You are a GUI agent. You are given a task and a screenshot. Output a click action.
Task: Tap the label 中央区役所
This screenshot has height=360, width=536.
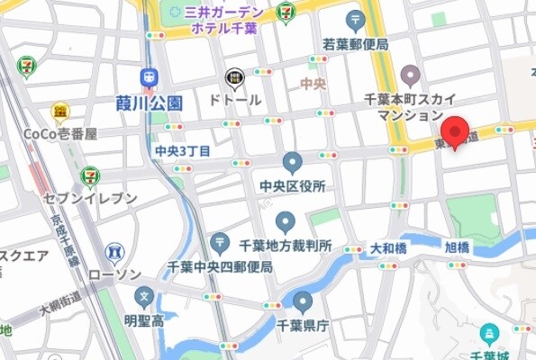292,186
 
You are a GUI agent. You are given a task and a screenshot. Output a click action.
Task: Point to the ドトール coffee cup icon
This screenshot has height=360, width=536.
234,79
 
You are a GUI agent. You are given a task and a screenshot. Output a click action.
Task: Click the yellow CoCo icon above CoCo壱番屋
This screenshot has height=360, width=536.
61,111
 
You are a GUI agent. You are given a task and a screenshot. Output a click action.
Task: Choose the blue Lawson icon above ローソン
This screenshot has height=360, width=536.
114,253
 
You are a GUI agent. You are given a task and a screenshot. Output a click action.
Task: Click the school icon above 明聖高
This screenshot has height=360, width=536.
143,296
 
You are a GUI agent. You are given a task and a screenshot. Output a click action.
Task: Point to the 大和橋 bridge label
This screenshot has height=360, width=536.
388,247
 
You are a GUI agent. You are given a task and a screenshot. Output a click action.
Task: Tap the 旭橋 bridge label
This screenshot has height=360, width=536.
457,247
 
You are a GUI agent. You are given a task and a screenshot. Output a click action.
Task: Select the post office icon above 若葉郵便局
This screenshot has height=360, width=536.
356,21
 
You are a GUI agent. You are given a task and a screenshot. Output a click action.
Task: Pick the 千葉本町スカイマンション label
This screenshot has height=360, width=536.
410,106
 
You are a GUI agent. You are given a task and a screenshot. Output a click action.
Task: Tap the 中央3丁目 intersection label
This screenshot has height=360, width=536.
183,149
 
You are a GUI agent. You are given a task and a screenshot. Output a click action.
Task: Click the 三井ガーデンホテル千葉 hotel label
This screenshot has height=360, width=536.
223,20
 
